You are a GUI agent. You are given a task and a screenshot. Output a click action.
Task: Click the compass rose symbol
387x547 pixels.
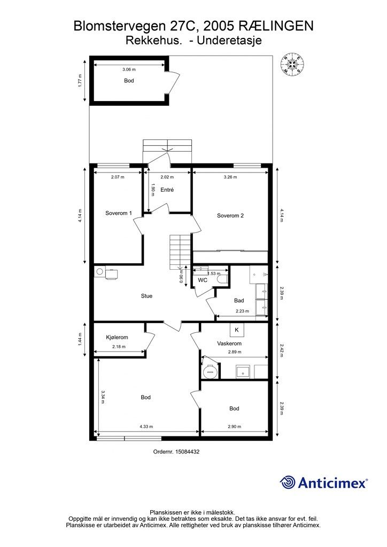coord(292,64)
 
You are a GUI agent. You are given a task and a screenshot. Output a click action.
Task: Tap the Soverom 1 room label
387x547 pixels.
coord(119,213)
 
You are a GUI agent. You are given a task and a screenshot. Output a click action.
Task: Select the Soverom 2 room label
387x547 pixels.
coord(230,216)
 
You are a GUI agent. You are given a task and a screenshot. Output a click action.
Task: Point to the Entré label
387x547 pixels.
coord(167,190)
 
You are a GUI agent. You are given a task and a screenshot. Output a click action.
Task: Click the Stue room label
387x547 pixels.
coord(146,296)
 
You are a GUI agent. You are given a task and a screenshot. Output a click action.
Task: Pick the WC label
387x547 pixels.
coord(203,280)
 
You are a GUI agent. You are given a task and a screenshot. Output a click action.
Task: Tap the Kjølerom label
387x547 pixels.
coord(117,338)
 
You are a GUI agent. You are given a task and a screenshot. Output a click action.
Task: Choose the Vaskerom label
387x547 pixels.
coord(229,343)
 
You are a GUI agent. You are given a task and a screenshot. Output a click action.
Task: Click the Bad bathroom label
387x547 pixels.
coord(239,300)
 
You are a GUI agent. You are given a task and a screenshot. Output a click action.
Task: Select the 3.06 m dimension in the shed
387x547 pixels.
coord(129,69)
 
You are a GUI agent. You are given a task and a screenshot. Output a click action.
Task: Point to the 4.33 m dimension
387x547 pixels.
coord(146,426)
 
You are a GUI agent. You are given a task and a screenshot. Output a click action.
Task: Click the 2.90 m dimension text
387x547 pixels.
coord(235,426)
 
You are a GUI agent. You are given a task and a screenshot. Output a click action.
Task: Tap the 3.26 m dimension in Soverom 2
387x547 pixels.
coord(230,177)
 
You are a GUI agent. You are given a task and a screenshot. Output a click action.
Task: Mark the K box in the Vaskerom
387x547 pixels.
coord(237,330)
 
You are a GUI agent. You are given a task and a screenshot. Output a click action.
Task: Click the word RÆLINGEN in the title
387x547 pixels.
coord(276,26)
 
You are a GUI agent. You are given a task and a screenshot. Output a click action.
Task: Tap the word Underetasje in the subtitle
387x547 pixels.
coord(229,41)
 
